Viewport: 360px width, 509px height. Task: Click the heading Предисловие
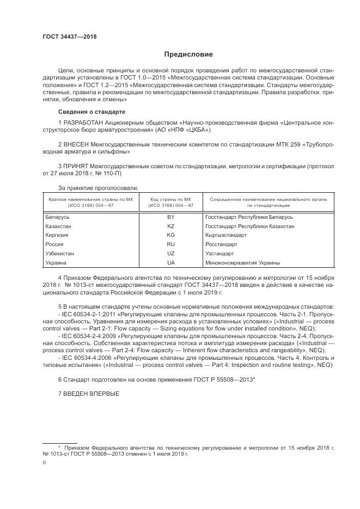(x=188, y=54)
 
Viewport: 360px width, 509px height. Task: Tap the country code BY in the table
(x=170, y=217)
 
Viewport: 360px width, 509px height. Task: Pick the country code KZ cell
(x=170, y=226)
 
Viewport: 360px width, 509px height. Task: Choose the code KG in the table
(x=170, y=235)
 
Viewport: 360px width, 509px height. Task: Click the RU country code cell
(x=170, y=244)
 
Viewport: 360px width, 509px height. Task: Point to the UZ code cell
(x=170, y=254)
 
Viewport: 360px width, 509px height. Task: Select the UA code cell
(x=170, y=263)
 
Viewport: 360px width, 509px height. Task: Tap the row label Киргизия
(x=58, y=235)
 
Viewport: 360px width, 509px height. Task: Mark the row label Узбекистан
(x=60, y=254)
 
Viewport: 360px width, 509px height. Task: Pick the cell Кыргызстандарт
(x=225, y=235)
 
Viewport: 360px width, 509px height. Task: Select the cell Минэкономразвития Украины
(x=242, y=263)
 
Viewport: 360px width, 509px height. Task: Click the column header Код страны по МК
(x=170, y=199)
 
